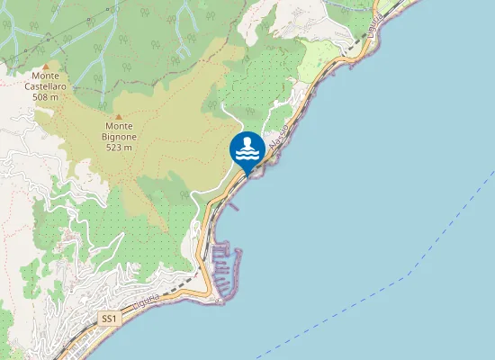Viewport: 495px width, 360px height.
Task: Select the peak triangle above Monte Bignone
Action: tap(118, 115)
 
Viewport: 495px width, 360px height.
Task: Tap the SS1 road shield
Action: tap(109, 319)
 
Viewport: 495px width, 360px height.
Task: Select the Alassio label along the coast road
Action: tap(278, 139)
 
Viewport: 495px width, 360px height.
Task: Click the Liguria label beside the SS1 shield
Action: tap(146, 301)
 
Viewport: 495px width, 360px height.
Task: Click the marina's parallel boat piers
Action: tap(226, 261)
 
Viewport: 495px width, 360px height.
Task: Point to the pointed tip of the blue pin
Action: tap(247, 175)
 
